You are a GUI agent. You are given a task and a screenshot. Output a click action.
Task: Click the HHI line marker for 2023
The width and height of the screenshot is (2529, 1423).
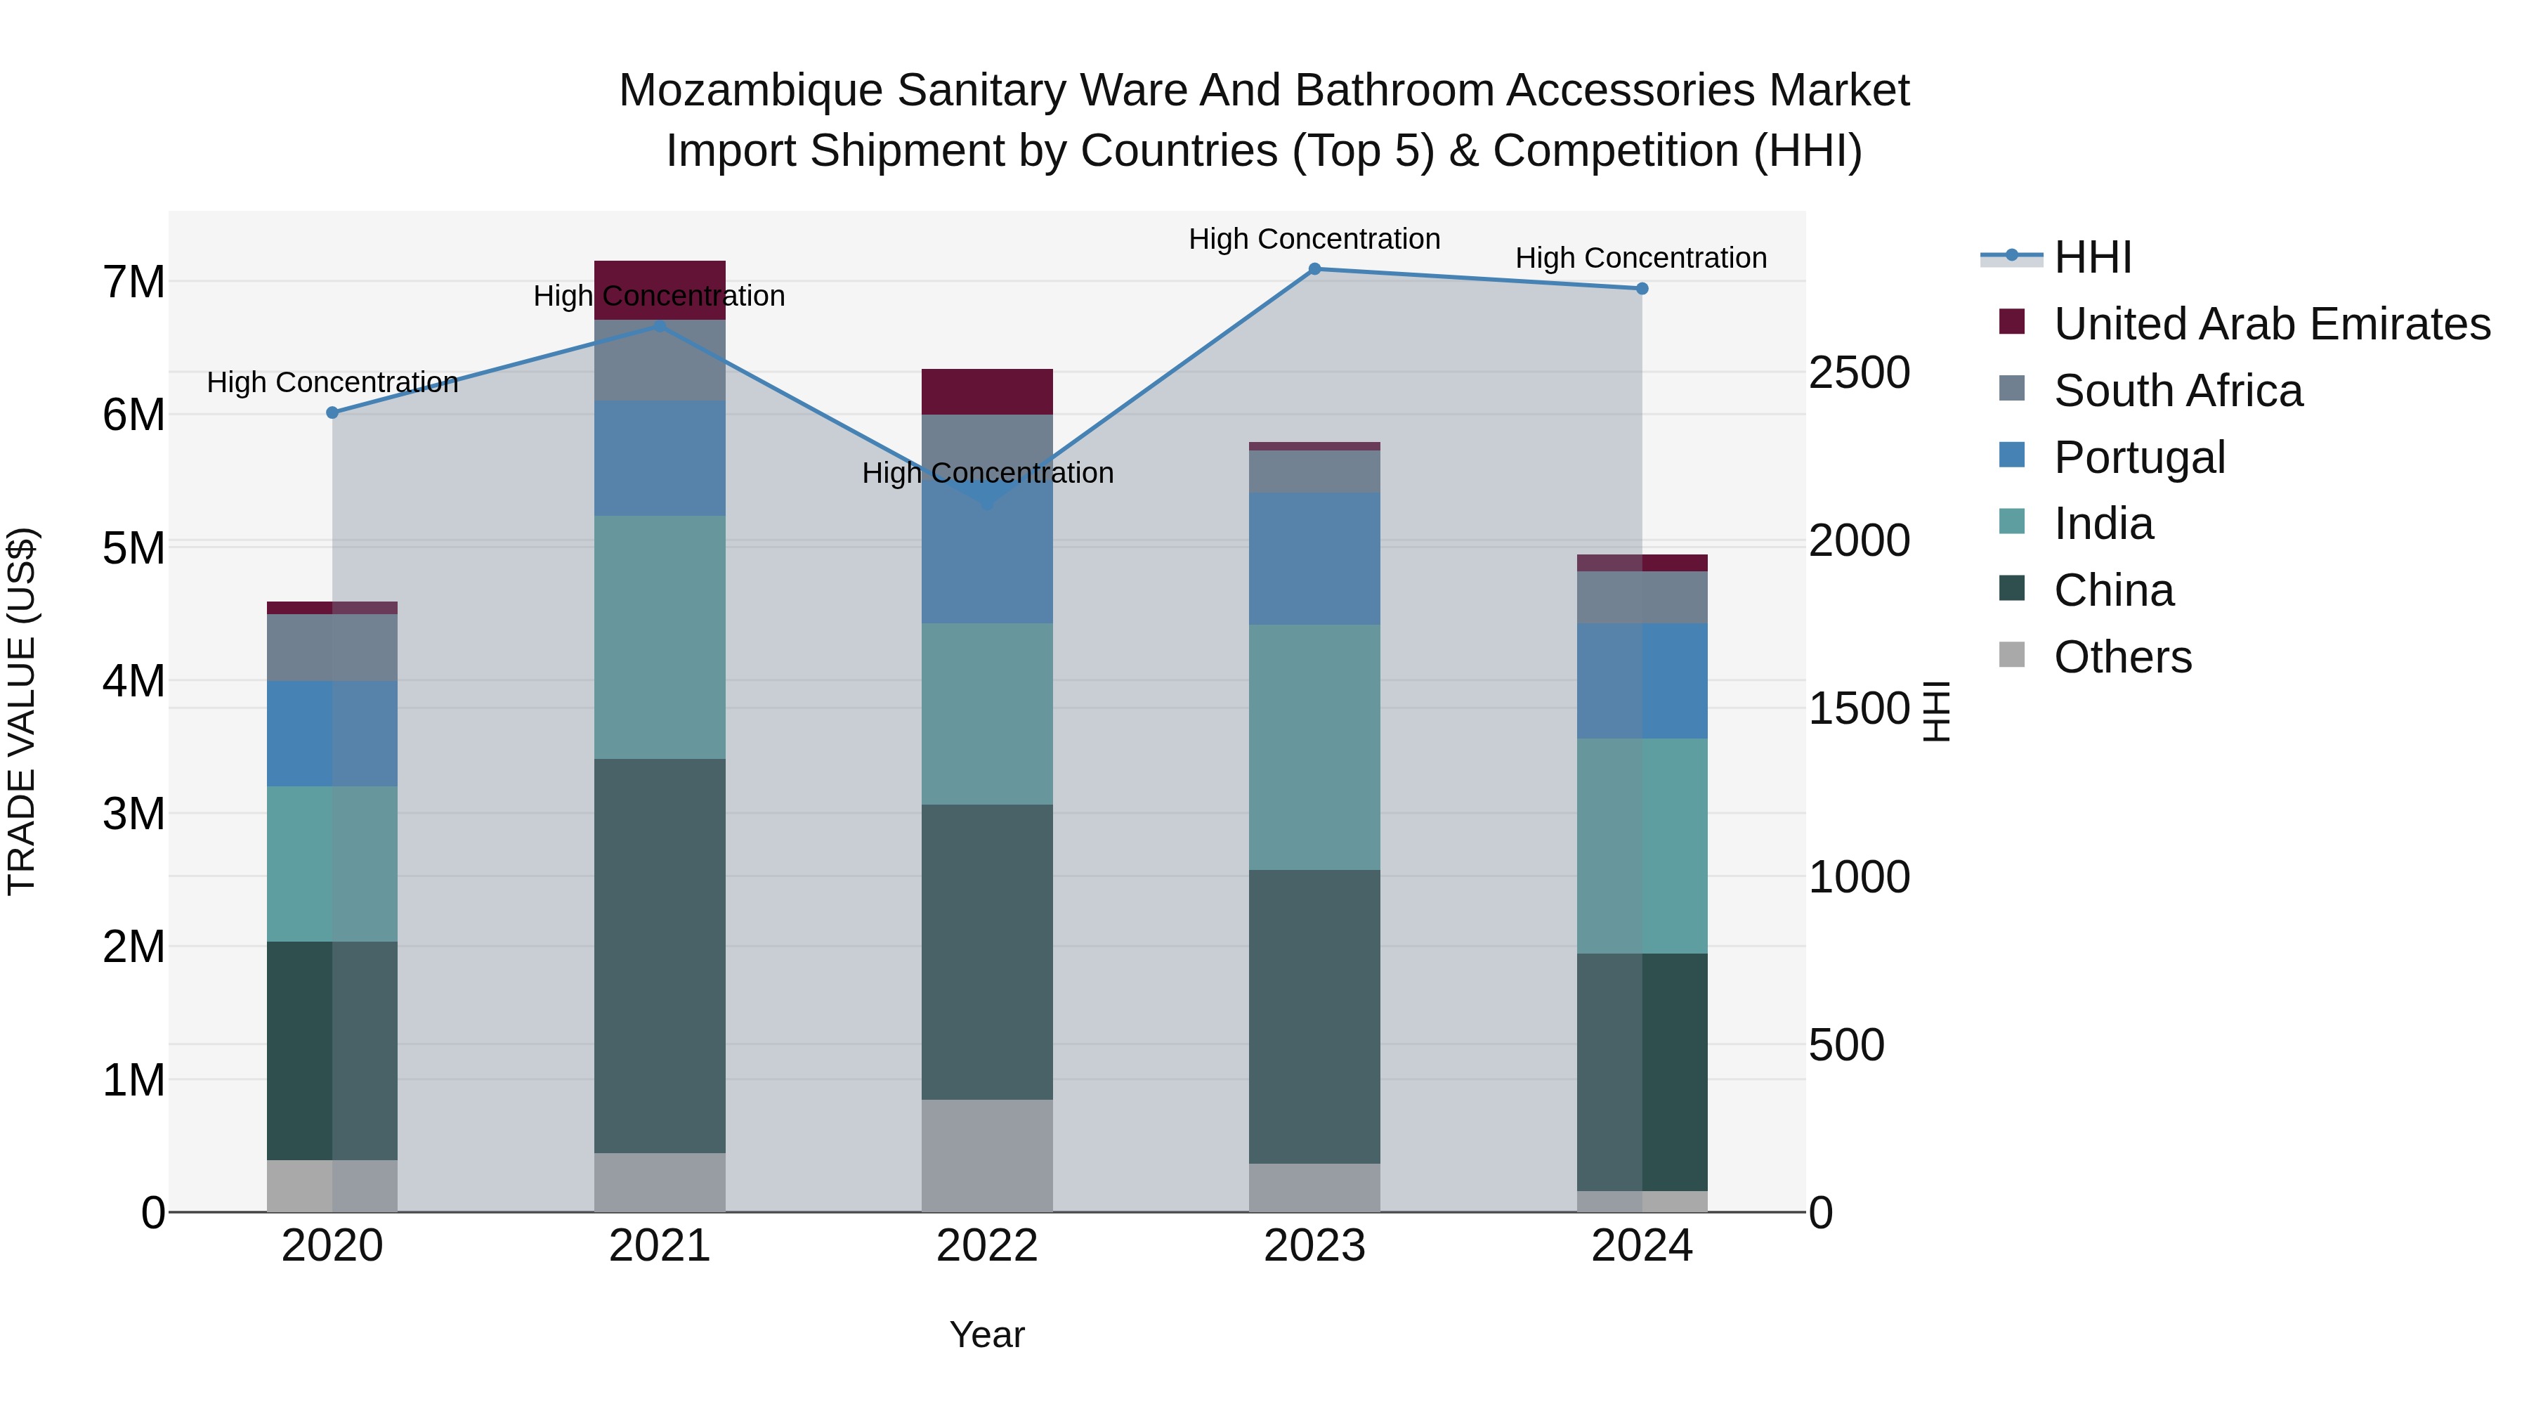(1314, 269)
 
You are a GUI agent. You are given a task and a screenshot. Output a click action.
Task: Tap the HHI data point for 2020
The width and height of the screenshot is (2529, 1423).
(332, 412)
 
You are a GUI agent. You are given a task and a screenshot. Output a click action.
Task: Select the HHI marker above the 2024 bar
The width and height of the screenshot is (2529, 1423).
(1642, 289)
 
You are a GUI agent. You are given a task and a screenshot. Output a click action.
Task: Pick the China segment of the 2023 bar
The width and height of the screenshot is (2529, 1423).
(1314, 1016)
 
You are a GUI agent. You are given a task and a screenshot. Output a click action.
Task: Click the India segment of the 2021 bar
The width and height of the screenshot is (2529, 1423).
(660, 637)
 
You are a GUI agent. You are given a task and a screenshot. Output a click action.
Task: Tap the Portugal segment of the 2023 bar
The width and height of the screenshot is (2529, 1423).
(1314, 558)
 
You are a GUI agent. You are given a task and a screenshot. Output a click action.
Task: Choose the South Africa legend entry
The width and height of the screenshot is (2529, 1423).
(2178, 391)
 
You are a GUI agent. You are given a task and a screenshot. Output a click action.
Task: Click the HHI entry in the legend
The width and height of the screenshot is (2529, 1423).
(2092, 257)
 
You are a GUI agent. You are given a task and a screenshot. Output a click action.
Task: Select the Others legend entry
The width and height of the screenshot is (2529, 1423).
(2122, 657)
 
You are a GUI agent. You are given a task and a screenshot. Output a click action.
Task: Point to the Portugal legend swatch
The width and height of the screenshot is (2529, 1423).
(2012, 455)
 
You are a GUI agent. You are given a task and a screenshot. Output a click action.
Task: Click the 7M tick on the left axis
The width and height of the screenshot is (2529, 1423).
(133, 282)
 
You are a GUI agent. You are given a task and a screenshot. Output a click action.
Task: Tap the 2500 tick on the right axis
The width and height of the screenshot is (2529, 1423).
(1858, 373)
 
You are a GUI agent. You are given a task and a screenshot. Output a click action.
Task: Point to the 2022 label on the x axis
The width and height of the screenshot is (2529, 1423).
(987, 1246)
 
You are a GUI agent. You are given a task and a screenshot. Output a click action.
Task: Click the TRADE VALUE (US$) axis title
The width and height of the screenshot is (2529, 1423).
(22, 711)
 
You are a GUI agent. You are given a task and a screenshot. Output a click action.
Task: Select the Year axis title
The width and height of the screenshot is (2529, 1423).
(987, 1334)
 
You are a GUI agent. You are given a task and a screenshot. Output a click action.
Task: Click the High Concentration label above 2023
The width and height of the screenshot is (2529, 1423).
(1314, 239)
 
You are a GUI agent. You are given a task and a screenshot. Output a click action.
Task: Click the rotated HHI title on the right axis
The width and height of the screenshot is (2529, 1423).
(1935, 711)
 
